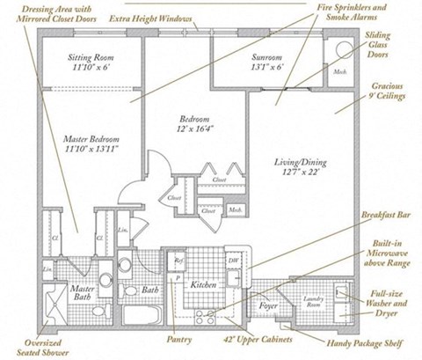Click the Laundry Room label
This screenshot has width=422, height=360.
pyautogui.click(x=312, y=304)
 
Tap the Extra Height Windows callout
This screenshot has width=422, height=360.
pyautogui.click(x=152, y=18)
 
